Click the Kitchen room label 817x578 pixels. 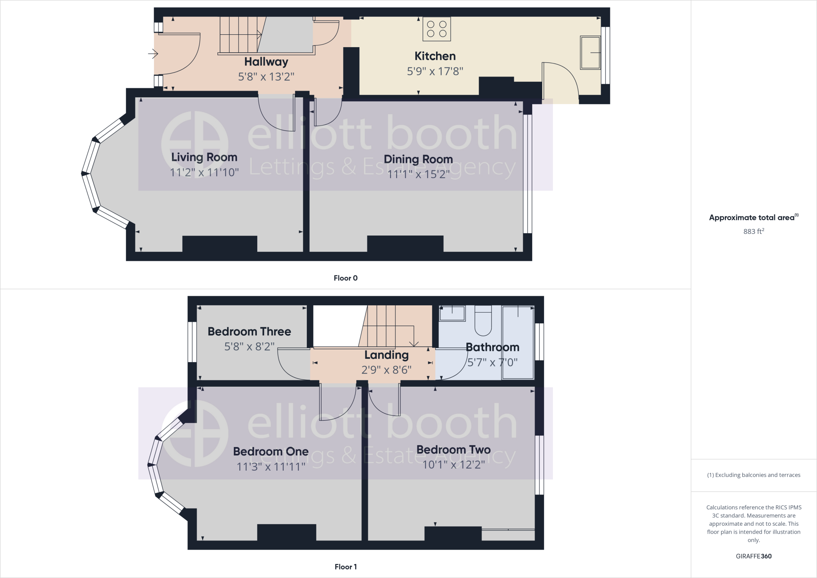point(435,56)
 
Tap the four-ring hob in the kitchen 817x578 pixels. point(437,29)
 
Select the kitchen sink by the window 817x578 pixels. point(590,53)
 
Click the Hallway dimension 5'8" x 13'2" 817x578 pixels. point(266,76)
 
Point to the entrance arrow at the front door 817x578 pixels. point(153,53)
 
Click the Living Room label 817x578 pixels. point(204,157)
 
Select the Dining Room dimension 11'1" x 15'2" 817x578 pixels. point(418,174)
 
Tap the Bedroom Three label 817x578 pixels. point(249,331)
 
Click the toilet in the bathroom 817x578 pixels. point(483,321)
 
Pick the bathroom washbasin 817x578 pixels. point(452,313)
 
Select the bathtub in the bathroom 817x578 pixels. point(518,342)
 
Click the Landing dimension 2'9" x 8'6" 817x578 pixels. point(386,370)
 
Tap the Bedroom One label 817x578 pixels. point(271,451)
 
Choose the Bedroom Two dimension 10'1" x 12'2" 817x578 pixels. point(454,465)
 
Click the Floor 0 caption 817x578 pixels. point(345,278)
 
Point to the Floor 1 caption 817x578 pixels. point(345,567)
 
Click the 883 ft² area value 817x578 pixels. point(754,231)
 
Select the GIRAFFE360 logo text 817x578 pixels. point(754,556)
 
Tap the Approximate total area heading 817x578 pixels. point(752,218)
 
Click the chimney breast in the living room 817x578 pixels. point(220,243)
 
